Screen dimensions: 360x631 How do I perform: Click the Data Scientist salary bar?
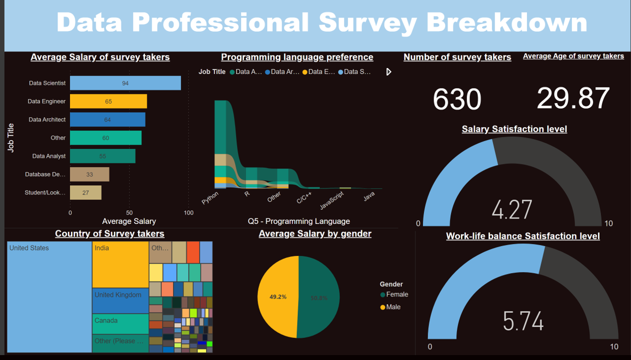125,83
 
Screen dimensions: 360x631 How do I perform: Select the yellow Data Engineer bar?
108,101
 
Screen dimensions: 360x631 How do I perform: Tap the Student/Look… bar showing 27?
85,192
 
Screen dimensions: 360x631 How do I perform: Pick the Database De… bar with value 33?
89,174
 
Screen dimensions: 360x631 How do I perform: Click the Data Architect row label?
47,119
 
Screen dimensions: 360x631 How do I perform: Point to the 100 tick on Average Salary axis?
188,213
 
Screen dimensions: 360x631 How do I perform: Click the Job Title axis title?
11,138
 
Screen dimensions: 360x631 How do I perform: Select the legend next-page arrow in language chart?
388,72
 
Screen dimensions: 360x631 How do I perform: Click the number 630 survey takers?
456,99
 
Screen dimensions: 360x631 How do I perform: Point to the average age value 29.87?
573,98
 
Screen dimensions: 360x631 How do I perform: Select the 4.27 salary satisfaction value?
511,209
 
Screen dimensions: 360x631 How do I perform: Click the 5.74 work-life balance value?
523,320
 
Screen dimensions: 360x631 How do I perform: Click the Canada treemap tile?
120,323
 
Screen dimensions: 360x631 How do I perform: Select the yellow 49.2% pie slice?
277,297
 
